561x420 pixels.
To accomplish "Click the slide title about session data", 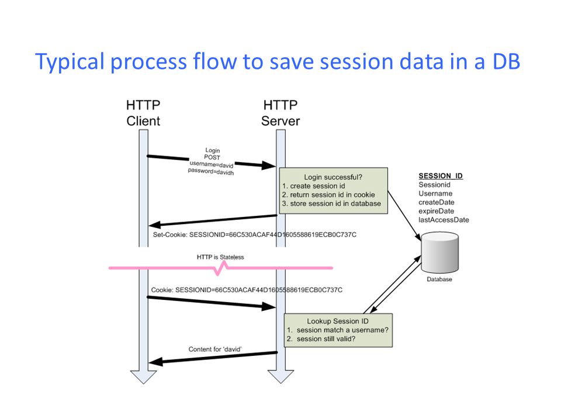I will (278, 61).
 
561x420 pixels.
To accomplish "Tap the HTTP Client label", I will (143, 113).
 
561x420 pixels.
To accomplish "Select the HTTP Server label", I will (280, 113).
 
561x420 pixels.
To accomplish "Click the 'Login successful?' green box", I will (333, 190).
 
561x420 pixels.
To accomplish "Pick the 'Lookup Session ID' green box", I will (337, 330).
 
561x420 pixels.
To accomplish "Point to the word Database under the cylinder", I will (439, 279).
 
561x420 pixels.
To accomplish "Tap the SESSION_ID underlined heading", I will (441, 176).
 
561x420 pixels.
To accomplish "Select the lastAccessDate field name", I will (444, 220).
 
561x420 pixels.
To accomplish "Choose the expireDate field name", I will (437, 211).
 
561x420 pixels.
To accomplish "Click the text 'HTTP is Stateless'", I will (220, 257).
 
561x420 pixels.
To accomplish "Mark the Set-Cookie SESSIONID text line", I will (254, 235).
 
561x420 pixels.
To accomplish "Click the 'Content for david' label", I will (216, 349).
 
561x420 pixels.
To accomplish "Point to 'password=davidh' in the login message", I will (210, 173).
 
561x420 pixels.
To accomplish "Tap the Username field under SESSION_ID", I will (435, 194).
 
